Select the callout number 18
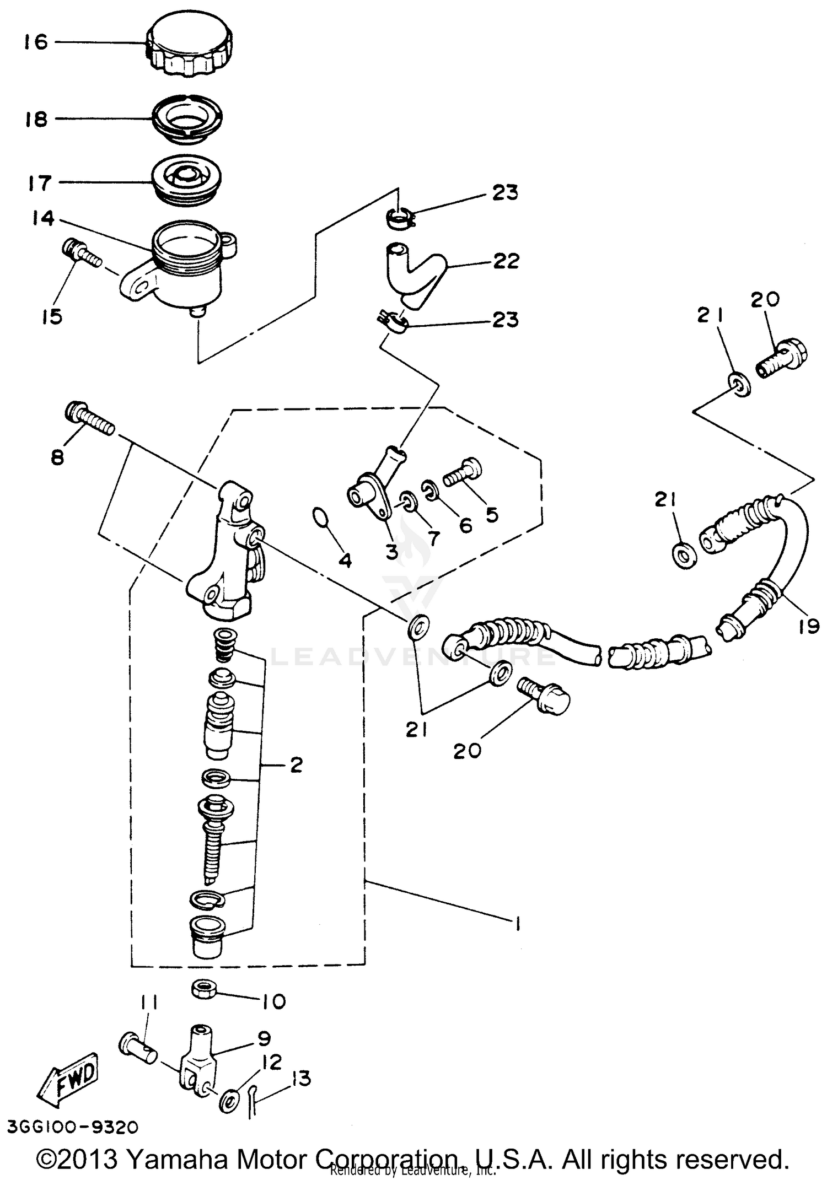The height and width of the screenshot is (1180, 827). coord(36,119)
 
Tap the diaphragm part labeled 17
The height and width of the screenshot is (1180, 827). coord(187,179)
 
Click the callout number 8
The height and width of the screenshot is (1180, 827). coord(58,457)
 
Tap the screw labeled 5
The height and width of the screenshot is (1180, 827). coord(462,472)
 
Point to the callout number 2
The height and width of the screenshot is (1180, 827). coord(296,765)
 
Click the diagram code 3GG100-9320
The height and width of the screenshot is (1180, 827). coord(73,1127)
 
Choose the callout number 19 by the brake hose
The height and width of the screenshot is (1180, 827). coord(808,627)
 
